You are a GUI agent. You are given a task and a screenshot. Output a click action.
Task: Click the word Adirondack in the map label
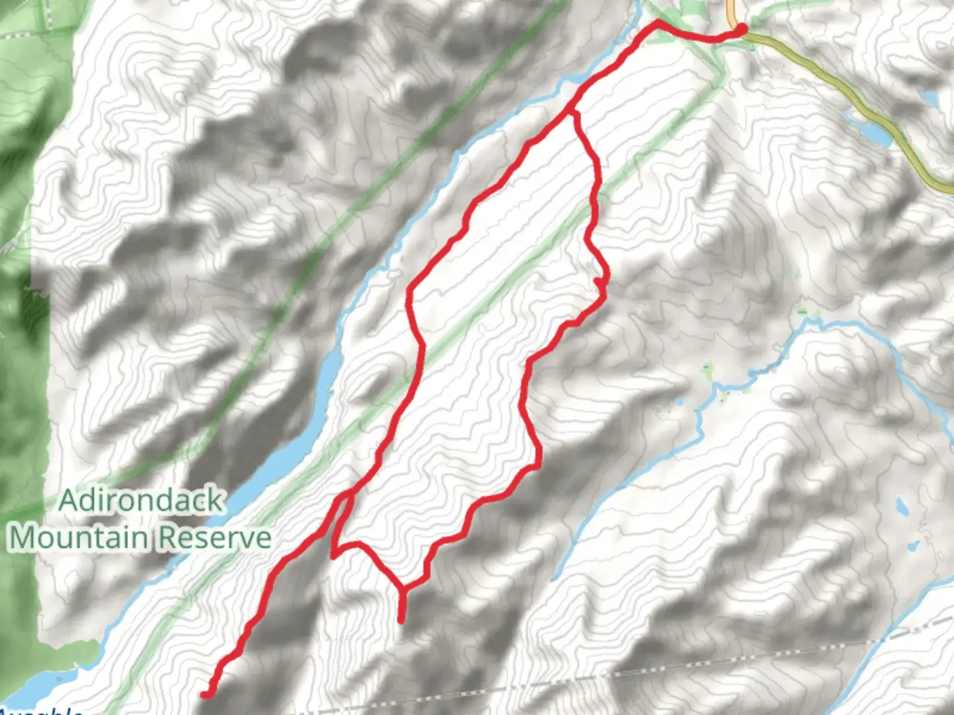[x=140, y=501]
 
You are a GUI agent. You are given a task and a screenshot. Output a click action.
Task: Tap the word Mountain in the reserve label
[x=78, y=538]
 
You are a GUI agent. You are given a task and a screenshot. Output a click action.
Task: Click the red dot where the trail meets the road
[x=741, y=28]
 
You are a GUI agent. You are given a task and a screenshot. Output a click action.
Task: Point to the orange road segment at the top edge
[x=731, y=10]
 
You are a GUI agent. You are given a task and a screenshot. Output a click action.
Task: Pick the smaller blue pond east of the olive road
[x=929, y=98]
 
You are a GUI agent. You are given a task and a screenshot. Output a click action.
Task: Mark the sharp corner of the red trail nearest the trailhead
[x=657, y=23]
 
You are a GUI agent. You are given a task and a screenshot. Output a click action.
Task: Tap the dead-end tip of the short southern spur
[x=401, y=620]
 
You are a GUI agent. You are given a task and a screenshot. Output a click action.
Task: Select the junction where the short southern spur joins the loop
[x=401, y=588]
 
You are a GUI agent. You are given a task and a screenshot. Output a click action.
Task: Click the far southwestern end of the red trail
[x=205, y=694]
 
